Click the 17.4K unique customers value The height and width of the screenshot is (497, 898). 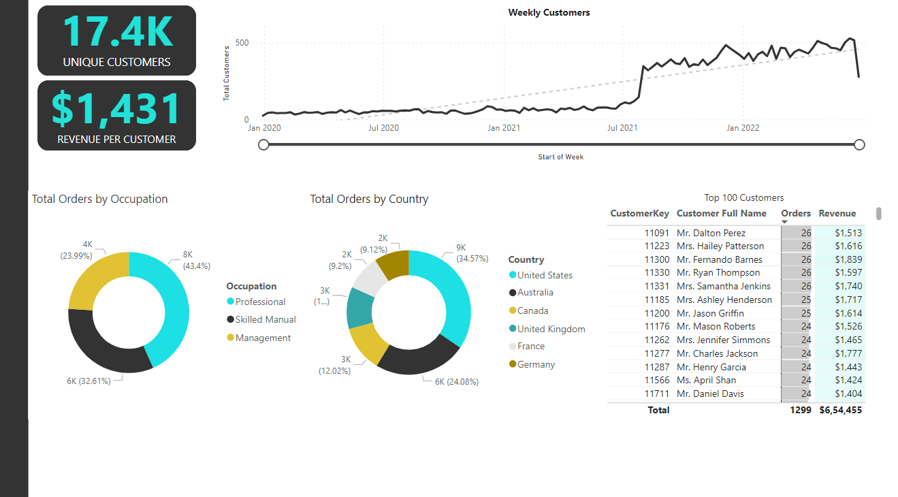click(116, 31)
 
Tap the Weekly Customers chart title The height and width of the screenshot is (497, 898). click(549, 12)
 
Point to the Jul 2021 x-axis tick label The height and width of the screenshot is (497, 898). click(622, 127)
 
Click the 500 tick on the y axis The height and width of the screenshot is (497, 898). click(242, 43)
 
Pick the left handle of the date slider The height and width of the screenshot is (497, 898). click(264, 144)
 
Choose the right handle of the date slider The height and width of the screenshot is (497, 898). click(859, 144)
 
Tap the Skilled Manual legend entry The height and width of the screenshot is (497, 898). click(266, 319)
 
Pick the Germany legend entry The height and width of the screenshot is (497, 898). click(536, 364)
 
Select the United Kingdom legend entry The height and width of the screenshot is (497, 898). click(551, 329)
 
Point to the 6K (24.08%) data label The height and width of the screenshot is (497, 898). click(456, 382)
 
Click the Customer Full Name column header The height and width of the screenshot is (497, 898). click(721, 213)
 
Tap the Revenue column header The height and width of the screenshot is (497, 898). click(837, 213)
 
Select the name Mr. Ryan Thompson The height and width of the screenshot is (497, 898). click(718, 272)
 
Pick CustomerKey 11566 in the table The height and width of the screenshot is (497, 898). click(657, 380)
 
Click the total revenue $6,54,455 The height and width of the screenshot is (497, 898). click(840, 410)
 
